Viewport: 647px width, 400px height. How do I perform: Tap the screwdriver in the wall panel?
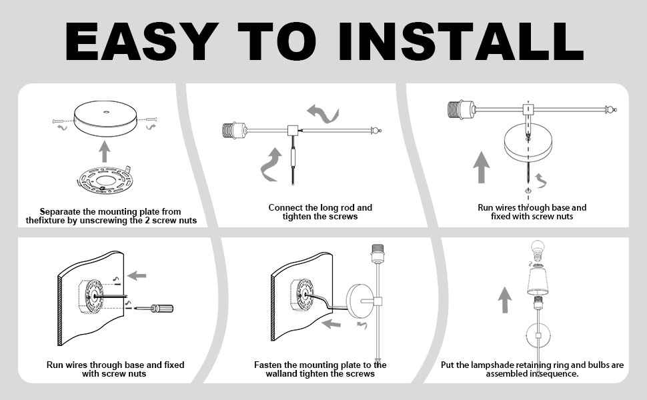(x=155, y=309)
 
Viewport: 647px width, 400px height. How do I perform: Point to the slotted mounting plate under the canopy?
(x=105, y=180)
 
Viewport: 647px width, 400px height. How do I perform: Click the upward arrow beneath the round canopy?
(x=105, y=151)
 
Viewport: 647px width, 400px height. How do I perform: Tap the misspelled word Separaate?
(x=60, y=212)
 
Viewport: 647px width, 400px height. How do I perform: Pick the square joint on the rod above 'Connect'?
(x=293, y=130)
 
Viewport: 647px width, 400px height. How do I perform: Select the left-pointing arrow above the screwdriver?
(x=137, y=275)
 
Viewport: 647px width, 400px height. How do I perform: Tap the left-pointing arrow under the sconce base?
(x=332, y=324)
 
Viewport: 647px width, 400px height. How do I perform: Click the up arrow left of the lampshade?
(x=504, y=300)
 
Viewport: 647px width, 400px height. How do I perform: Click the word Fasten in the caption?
(x=267, y=365)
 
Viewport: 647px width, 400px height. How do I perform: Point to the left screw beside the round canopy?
(x=59, y=121)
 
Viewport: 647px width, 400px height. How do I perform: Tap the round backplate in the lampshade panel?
(x=538, y=336)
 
